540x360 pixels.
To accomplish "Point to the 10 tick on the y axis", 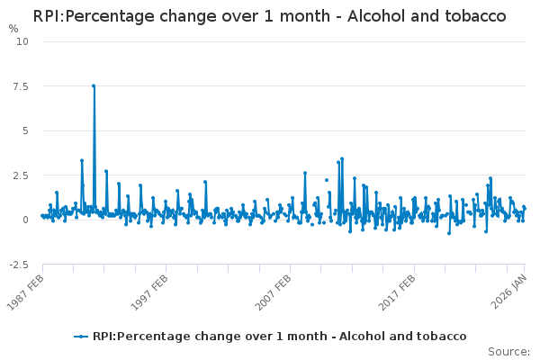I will tap(22, 41).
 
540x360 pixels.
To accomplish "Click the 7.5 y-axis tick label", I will tap(21, 86).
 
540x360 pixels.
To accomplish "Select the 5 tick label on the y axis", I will tap(25, 130).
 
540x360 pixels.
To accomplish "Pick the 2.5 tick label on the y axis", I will tap(21, 175).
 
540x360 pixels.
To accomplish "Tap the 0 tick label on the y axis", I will tap(25, 220).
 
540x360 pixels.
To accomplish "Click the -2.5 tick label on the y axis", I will tap(19, 265).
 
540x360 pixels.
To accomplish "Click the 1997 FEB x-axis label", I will tap(153, 292).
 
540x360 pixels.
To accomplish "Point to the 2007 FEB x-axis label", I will tap(277, 292).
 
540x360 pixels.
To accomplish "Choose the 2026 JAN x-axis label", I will tap(512, 292).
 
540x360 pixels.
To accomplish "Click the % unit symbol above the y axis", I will tap(13, 29).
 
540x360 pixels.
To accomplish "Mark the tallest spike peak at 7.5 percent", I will tap(94, 85).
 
